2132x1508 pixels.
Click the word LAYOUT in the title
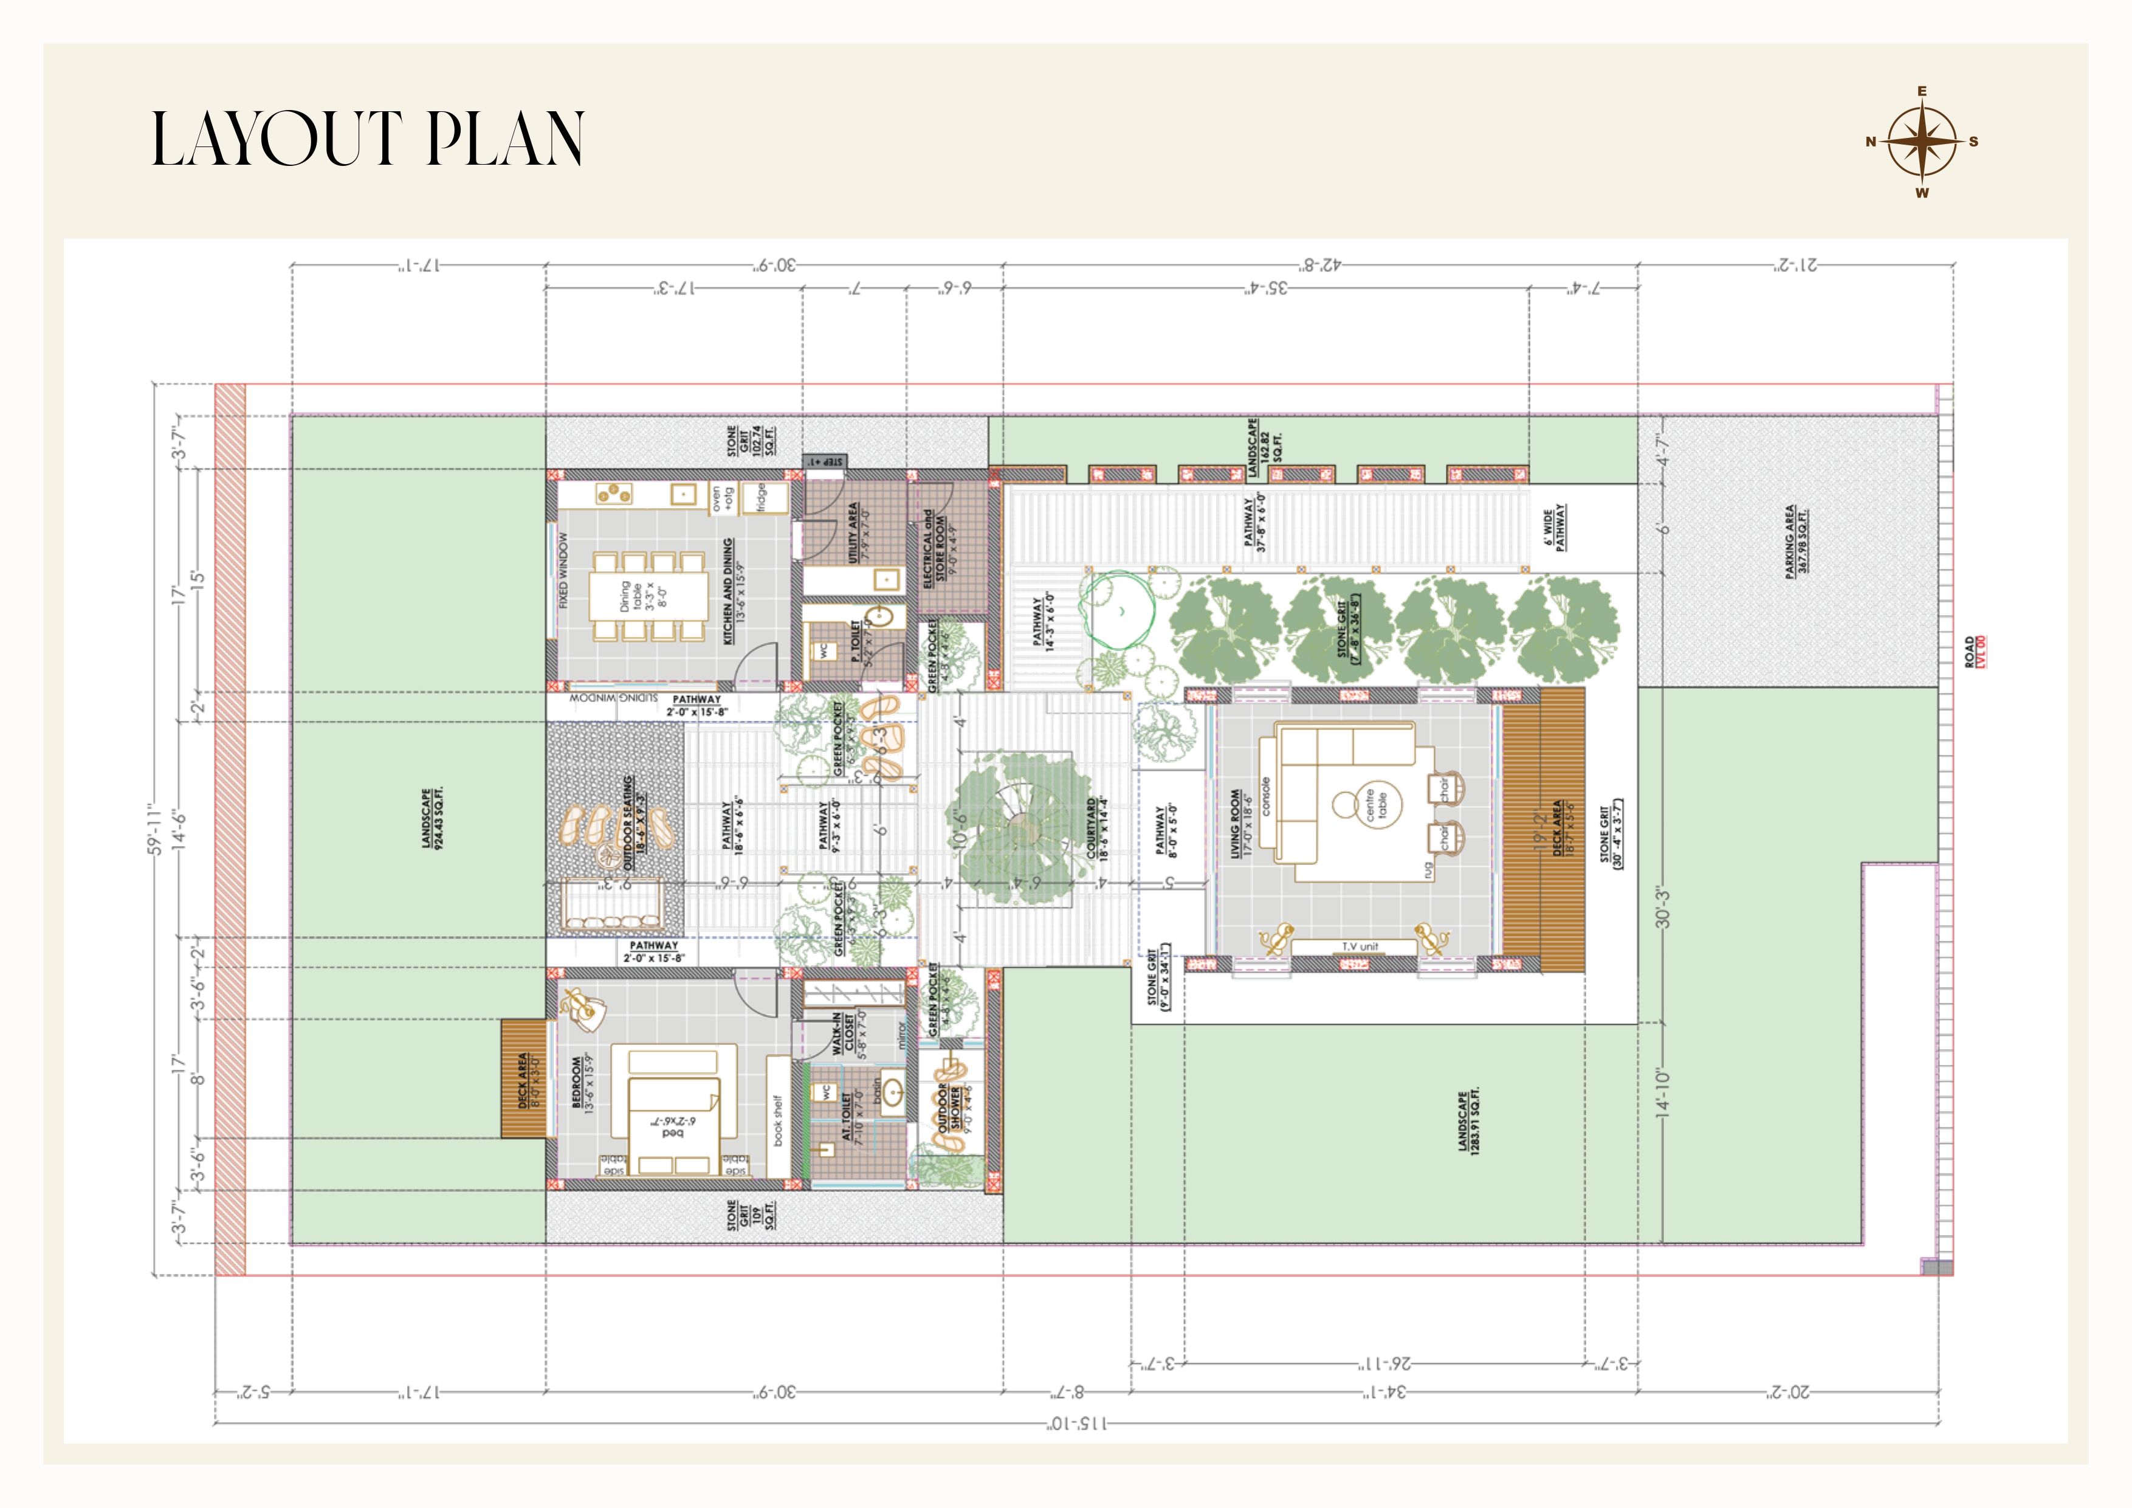coord(277,139)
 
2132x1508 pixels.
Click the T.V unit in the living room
coord(1360,946)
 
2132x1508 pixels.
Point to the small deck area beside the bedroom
coord(523,1079)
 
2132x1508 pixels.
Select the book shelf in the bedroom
coord(777,1117)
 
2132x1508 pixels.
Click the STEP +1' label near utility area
coord(825,461)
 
